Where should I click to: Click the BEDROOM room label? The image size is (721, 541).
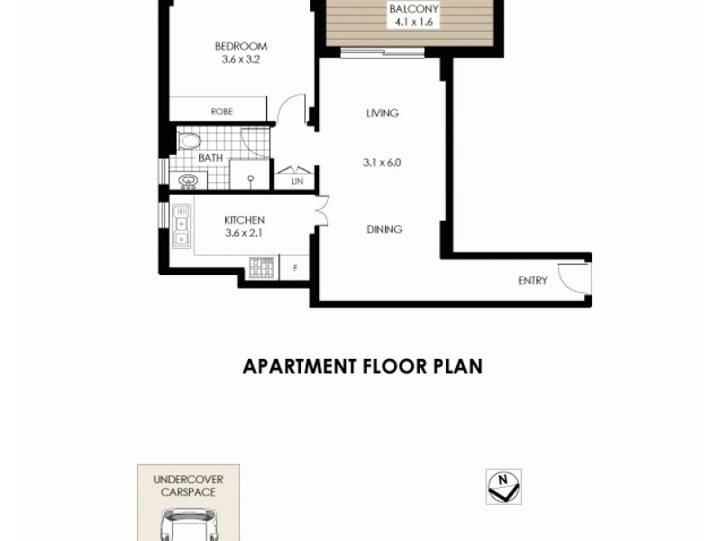(241, 47)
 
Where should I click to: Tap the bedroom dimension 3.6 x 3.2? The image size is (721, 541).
(241, 60)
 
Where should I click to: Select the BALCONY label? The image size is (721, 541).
(414, 10)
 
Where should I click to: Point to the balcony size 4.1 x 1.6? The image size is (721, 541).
(414, 23)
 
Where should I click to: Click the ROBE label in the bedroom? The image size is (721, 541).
(222, 112)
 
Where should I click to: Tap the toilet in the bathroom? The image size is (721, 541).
(189, 140)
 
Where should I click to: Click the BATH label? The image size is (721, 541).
(210, 159)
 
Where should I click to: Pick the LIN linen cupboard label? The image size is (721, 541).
(297, 182)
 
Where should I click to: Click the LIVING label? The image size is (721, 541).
(382, 114)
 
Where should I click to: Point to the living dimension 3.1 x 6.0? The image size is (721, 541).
(381, 163)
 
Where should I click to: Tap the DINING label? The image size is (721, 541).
(384, 230)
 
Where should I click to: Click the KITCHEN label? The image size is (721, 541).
(243, 220)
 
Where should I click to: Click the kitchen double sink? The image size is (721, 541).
(181, 226)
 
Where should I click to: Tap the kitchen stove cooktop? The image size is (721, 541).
(261, 267)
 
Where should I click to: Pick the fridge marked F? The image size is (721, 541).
(295, 267)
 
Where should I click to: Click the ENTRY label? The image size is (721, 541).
(533, 280)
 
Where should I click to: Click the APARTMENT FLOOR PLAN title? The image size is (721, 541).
(362, 367)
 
